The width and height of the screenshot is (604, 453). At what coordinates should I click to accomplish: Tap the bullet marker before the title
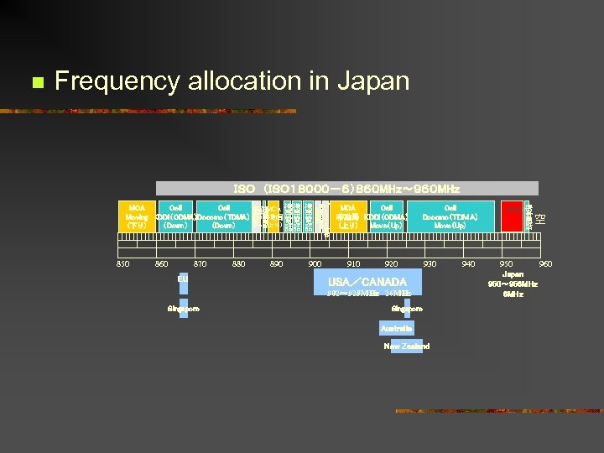tap(35, 82)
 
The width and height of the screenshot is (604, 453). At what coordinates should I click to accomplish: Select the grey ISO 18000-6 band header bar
tap(346, 189)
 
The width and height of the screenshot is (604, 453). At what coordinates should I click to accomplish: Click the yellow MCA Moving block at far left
tap(137, 216)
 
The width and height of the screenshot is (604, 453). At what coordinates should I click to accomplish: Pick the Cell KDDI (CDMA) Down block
tap(175, 216)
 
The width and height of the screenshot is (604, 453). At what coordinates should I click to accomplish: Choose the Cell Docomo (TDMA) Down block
tap(223, 216)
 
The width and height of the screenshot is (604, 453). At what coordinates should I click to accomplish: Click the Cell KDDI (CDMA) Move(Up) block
tap(387, 216)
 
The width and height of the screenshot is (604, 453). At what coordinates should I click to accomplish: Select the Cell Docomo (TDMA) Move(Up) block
tap(450, 216)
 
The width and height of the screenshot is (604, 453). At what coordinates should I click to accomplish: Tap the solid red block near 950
tap(511, 216)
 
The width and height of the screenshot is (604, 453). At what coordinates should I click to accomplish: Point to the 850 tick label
tap(122, 264)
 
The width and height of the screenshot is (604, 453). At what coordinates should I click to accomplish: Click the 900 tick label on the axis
tap(315, 264)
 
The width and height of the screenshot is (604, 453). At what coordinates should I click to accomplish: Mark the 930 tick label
tap(430, 264)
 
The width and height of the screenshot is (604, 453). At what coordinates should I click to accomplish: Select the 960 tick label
tap(545, 264)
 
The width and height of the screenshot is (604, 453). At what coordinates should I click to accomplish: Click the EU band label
tap(183, 278)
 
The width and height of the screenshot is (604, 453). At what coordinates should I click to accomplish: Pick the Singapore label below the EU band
tap(183, 309)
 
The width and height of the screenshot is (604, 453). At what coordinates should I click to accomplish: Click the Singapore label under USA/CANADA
tap(407, 309)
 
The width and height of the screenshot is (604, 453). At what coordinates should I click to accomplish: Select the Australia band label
tap(396, 328)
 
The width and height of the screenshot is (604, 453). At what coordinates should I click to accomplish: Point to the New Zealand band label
tap(406, 346)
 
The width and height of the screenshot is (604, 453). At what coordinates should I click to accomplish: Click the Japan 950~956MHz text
tap(512, 279)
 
